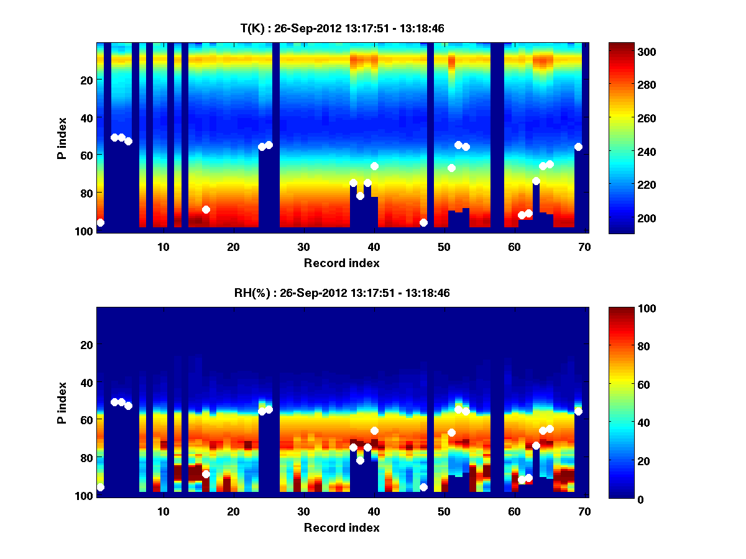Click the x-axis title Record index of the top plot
click(x=341, y=263)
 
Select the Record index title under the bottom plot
click(x=341, y=527)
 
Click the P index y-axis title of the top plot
click(x=62, y=138)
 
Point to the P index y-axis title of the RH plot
click(x=62, y=402)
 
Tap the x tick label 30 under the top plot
click(x=303, y=247)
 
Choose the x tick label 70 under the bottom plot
click(x=584, y=511)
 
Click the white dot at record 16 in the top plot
click(x=206, y=209)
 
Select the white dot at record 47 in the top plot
click(x=423, y=222)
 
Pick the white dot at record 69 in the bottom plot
click(x=578, y=411)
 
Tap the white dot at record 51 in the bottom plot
click(x=451, y=432)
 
